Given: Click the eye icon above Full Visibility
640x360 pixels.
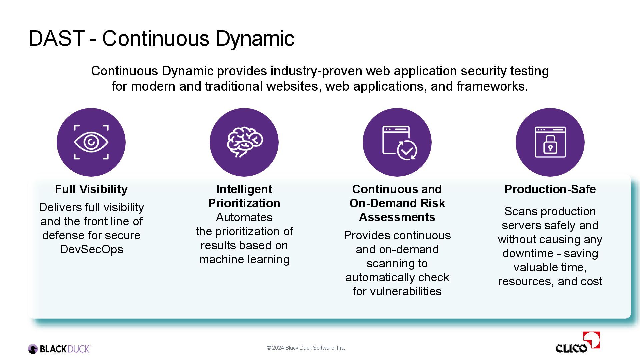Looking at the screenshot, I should pos(91,142).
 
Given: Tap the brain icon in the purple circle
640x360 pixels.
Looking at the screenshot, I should pos(244,142).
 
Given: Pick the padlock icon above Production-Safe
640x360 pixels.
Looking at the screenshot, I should pos(550,142).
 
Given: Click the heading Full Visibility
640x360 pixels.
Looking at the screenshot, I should pos(91,189).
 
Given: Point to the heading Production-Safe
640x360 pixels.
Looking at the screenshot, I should pos(550,189).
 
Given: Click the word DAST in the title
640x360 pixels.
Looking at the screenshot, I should pos(56,38).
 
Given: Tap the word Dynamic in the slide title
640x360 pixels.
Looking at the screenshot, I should pos(255,38).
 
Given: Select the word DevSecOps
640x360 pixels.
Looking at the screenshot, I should pos(91,249).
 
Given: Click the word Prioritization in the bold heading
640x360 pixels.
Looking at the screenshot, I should pos(244,203).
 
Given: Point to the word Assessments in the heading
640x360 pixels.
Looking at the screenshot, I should pos(397,217).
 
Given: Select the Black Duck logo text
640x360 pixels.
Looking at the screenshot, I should pos(65,349).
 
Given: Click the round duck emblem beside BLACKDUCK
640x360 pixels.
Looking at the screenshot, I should pos(33,349).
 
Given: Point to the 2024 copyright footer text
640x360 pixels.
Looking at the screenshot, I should pos(306,348).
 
